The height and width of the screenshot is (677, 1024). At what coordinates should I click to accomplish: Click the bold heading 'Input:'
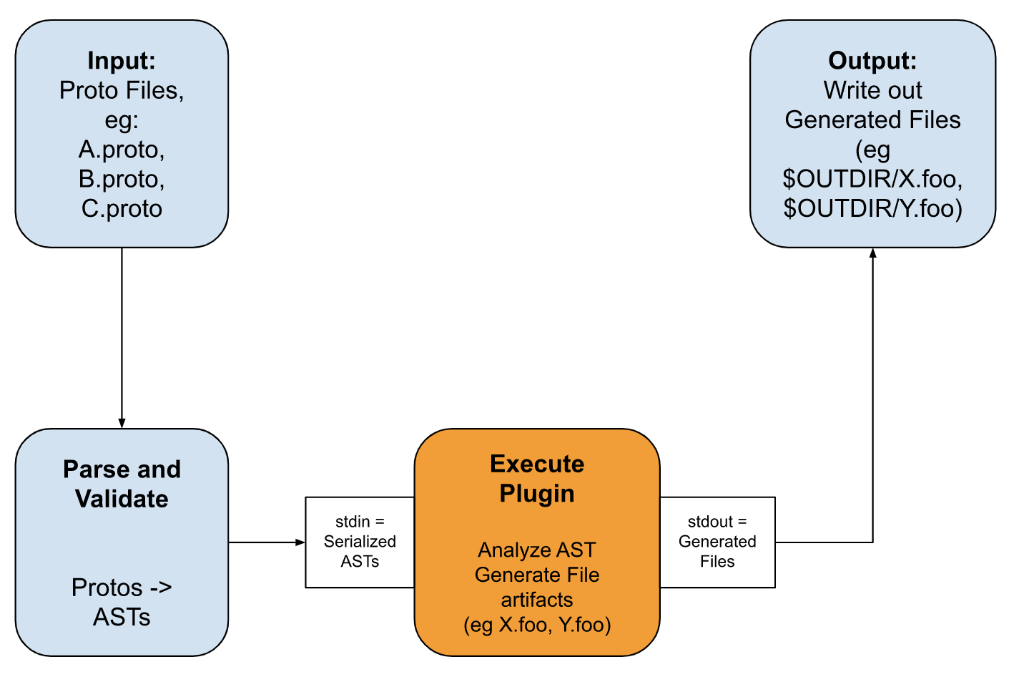[122, 61]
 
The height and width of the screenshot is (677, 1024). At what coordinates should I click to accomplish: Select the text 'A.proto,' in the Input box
[122, 150]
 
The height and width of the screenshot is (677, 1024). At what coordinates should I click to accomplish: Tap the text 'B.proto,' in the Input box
[122, 179]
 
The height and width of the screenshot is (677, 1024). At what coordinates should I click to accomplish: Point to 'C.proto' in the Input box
[122, 209]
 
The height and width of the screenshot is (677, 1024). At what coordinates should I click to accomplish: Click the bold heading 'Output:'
[872, 61]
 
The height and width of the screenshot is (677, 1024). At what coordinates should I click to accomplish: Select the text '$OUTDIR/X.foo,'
[872, 179]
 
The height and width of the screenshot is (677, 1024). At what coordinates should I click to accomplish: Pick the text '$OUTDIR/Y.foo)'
[872, 209]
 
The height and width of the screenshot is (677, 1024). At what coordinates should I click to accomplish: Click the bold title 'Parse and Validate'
[122, 484]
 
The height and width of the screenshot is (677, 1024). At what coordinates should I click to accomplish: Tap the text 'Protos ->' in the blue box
[122, 588]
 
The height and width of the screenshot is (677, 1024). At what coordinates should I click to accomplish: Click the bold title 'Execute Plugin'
[537, 478]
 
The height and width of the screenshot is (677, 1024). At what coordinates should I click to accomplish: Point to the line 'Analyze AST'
[537, 550]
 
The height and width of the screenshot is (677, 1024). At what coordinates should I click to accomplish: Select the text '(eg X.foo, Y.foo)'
[537, 625]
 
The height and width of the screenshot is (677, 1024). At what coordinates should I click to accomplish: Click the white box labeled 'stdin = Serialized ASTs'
[360, 542]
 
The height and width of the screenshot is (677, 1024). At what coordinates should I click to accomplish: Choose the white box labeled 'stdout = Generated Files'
[717, 542]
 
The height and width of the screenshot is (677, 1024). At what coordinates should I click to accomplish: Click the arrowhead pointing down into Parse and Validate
[122, 423]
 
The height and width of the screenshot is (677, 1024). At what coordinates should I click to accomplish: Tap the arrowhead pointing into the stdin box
[300, 542]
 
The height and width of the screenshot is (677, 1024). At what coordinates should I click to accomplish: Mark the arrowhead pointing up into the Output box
[872, 253]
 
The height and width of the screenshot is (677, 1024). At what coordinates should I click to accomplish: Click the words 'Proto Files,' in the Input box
[122, 90]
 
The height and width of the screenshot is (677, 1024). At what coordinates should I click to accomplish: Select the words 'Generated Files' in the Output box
[872, 120]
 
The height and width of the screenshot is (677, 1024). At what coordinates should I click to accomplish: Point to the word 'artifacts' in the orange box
[537, 600]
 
